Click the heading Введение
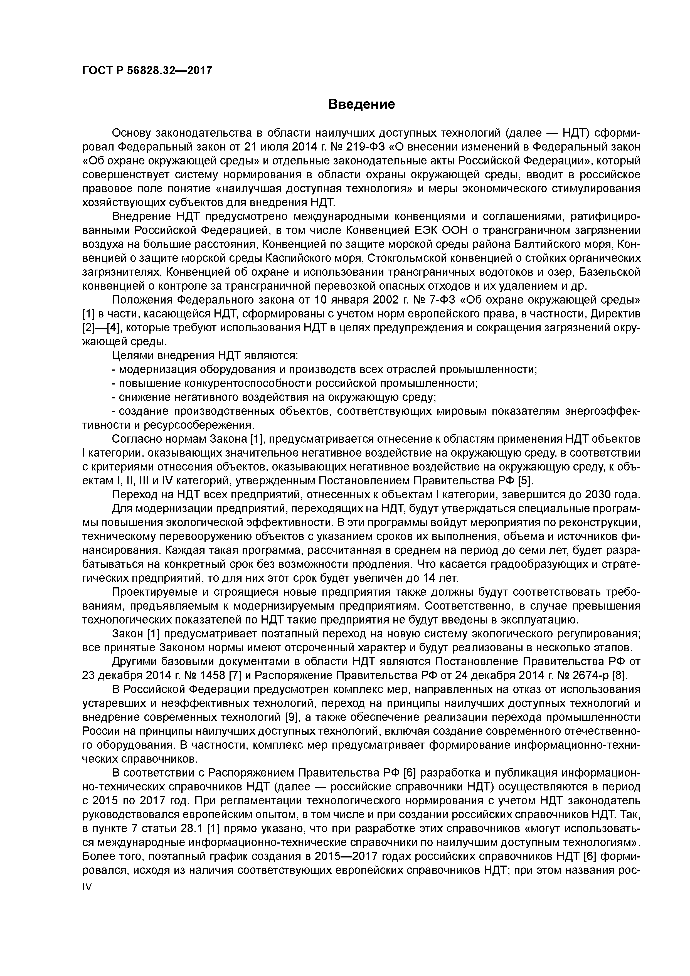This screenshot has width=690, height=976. (361, 104)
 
